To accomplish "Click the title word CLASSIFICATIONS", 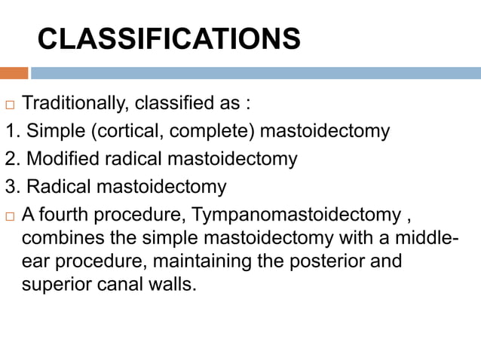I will click(169, 38).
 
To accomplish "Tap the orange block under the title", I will click(14, 73).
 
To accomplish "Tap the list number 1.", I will click(9, 131).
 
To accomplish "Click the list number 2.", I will click(9, 159).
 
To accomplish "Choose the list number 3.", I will click(9, 187).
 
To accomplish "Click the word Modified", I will click(57, 159).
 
